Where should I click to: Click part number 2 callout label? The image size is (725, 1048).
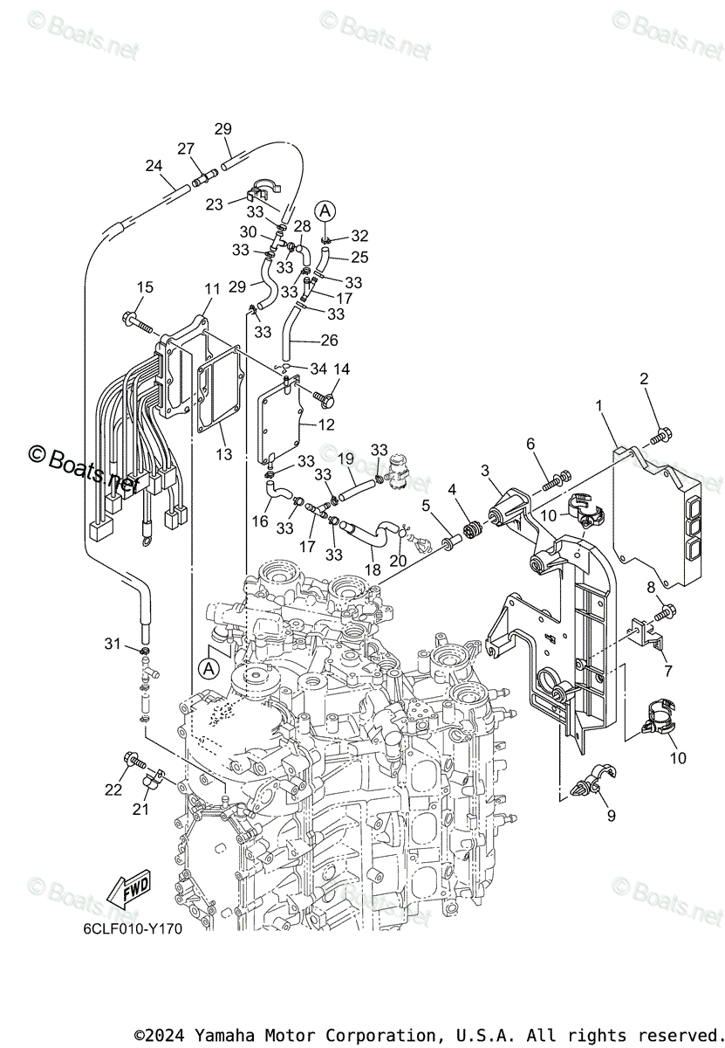[644, 378]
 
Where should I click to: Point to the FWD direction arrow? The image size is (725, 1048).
[128, 890]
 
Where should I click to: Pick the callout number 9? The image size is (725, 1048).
[611, 816]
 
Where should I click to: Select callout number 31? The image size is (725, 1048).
[111, 644]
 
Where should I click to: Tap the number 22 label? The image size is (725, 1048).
[113, 790]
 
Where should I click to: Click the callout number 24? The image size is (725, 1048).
[154, 165]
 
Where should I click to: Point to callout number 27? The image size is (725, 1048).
[186, 149]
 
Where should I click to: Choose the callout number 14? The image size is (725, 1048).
[340, 369]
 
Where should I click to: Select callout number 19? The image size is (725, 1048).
[345, 458]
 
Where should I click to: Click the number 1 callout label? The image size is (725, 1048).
[599, 405]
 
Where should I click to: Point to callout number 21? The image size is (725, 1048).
[141, 810]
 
